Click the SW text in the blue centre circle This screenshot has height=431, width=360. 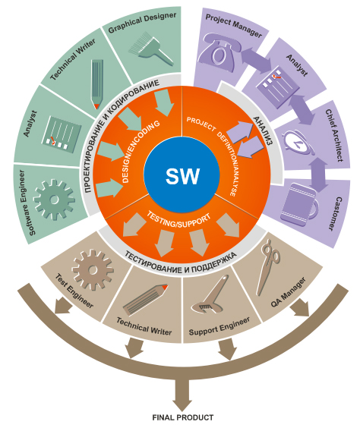click(182, 178)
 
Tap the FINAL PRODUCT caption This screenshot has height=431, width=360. click(182, 417)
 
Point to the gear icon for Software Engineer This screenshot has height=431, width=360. click(55, 199)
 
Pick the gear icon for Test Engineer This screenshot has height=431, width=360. click(92, 268)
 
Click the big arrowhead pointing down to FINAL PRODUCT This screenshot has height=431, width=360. click(182, 396)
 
